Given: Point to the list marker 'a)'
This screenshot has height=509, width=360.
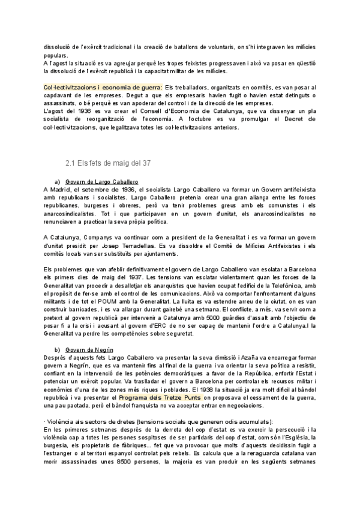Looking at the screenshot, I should pos(58,181).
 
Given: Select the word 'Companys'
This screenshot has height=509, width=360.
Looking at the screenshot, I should pos(100,236).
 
